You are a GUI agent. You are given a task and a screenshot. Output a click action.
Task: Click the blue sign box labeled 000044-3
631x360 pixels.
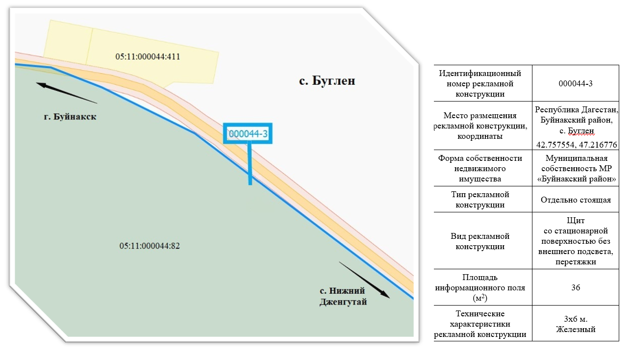tap(248, 133)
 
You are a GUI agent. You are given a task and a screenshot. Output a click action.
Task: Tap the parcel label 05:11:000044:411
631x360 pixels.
tap(148, 56)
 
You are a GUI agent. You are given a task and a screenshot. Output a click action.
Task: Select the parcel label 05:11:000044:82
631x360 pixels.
tap(150, 246)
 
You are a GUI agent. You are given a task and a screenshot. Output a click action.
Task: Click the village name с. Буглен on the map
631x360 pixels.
tap(327, 81)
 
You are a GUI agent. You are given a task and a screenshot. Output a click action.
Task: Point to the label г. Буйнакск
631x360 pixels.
tap(70, 117)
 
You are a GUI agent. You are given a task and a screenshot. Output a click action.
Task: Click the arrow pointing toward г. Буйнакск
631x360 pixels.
tap(67, 93)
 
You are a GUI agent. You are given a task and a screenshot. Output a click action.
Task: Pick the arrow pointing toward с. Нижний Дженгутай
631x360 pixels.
tap(364, 280)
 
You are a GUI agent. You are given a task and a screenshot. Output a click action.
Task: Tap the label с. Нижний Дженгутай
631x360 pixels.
tap(343, 296)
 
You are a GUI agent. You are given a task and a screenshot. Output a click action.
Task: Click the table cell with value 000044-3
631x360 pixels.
tap(576, 84)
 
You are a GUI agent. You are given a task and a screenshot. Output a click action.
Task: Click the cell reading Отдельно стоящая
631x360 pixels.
tap(576, 200)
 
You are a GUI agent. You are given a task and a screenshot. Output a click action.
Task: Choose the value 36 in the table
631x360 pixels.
tap(576, 287)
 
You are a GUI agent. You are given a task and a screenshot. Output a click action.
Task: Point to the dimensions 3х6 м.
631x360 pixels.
tap(576, 319)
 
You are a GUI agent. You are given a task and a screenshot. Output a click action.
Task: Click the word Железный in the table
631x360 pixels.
tap(576, 329)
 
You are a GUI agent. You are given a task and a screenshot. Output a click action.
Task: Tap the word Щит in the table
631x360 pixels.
tap(576, 220)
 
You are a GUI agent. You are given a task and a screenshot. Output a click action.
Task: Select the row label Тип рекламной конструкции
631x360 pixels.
tap(480, 200)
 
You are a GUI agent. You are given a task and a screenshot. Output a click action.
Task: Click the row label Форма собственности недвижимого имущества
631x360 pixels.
tap(480, 168)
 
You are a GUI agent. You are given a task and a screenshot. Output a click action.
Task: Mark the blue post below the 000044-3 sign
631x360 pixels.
tap(250, 164)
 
